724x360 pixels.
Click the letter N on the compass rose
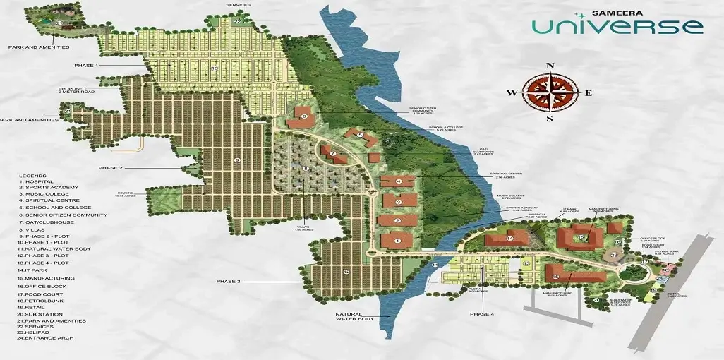point(550,66)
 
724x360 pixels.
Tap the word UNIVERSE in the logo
point(617,27)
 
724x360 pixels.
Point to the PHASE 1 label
point(85,65)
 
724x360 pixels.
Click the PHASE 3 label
point(229,282)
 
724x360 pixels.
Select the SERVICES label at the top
point(238,4)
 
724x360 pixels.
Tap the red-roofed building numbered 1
point(397,241)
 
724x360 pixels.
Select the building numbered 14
point(509,239)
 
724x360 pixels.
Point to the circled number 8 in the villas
point(306,169)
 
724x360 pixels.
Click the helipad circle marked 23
point(614,255)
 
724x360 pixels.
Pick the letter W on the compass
point(513,92)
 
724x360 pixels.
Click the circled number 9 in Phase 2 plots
point(236,160)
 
